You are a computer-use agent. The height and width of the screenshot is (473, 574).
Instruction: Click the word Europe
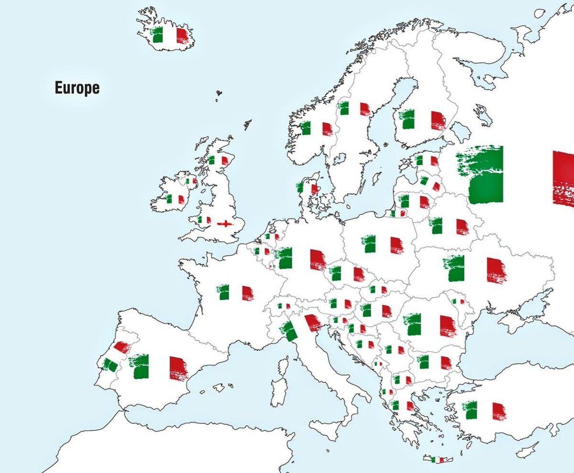tap(77, 88)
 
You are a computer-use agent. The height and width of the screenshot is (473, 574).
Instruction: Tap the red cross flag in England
tap(223, 224)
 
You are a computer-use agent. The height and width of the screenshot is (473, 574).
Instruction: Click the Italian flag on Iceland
tap(169, 35)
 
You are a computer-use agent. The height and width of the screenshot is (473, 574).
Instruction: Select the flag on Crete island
tap(437, 460)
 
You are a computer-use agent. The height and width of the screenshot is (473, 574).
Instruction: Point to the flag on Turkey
tap(484, 410)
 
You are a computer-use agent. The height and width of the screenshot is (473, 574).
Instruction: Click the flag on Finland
tap(423, 119)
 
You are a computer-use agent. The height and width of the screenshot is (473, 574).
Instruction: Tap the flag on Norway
tap(316, 129)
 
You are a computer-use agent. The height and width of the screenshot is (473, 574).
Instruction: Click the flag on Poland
tap(383, 244)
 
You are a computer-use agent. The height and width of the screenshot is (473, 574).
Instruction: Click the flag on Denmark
tap(307, 187)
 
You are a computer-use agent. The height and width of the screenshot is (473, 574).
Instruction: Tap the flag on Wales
tap(204, 220)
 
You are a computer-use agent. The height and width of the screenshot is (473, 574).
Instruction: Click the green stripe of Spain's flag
tap(142, 366)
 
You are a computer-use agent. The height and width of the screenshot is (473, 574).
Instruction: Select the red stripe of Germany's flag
tap(317, 259)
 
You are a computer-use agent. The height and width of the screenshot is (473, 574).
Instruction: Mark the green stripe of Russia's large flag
tap(483, 174)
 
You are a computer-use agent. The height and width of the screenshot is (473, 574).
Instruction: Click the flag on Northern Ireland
tap(191, 181)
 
